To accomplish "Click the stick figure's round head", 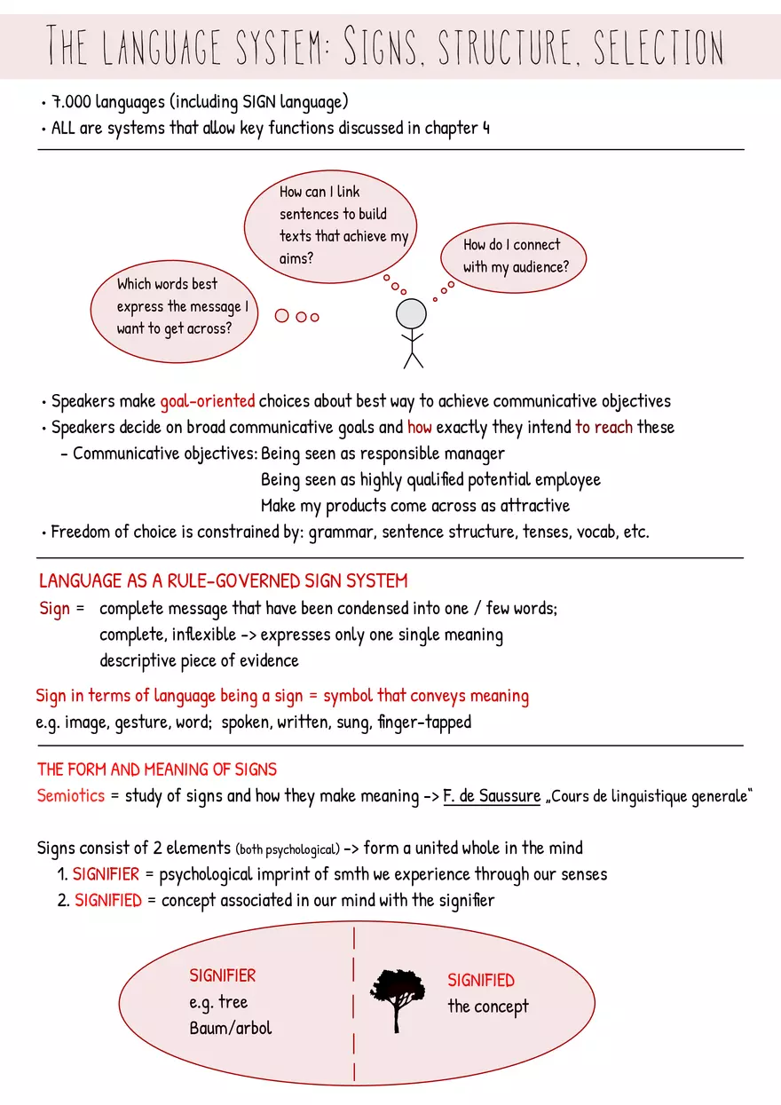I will tap(411, 314).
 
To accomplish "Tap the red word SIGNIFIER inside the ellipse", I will tap(222, 975).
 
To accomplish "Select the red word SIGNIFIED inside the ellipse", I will tap(480, 980).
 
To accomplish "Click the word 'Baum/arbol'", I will tap(231, 1029).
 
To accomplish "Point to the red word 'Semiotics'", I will tap(71, 795).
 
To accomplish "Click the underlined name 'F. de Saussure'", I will tap(492, 795).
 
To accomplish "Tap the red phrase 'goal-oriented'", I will tap(208, 400).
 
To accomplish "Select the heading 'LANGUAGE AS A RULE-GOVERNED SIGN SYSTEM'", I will tap(223, 581).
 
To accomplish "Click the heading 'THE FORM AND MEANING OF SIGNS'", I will tap(157, 769).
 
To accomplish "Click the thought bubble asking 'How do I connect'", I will tap(513, 256).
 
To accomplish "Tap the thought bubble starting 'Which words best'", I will tap(174, 307).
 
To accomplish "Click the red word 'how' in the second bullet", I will tap(419, 427).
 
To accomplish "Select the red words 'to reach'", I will tap(603, 427).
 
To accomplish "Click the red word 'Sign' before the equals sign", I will tap(54, 609).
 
